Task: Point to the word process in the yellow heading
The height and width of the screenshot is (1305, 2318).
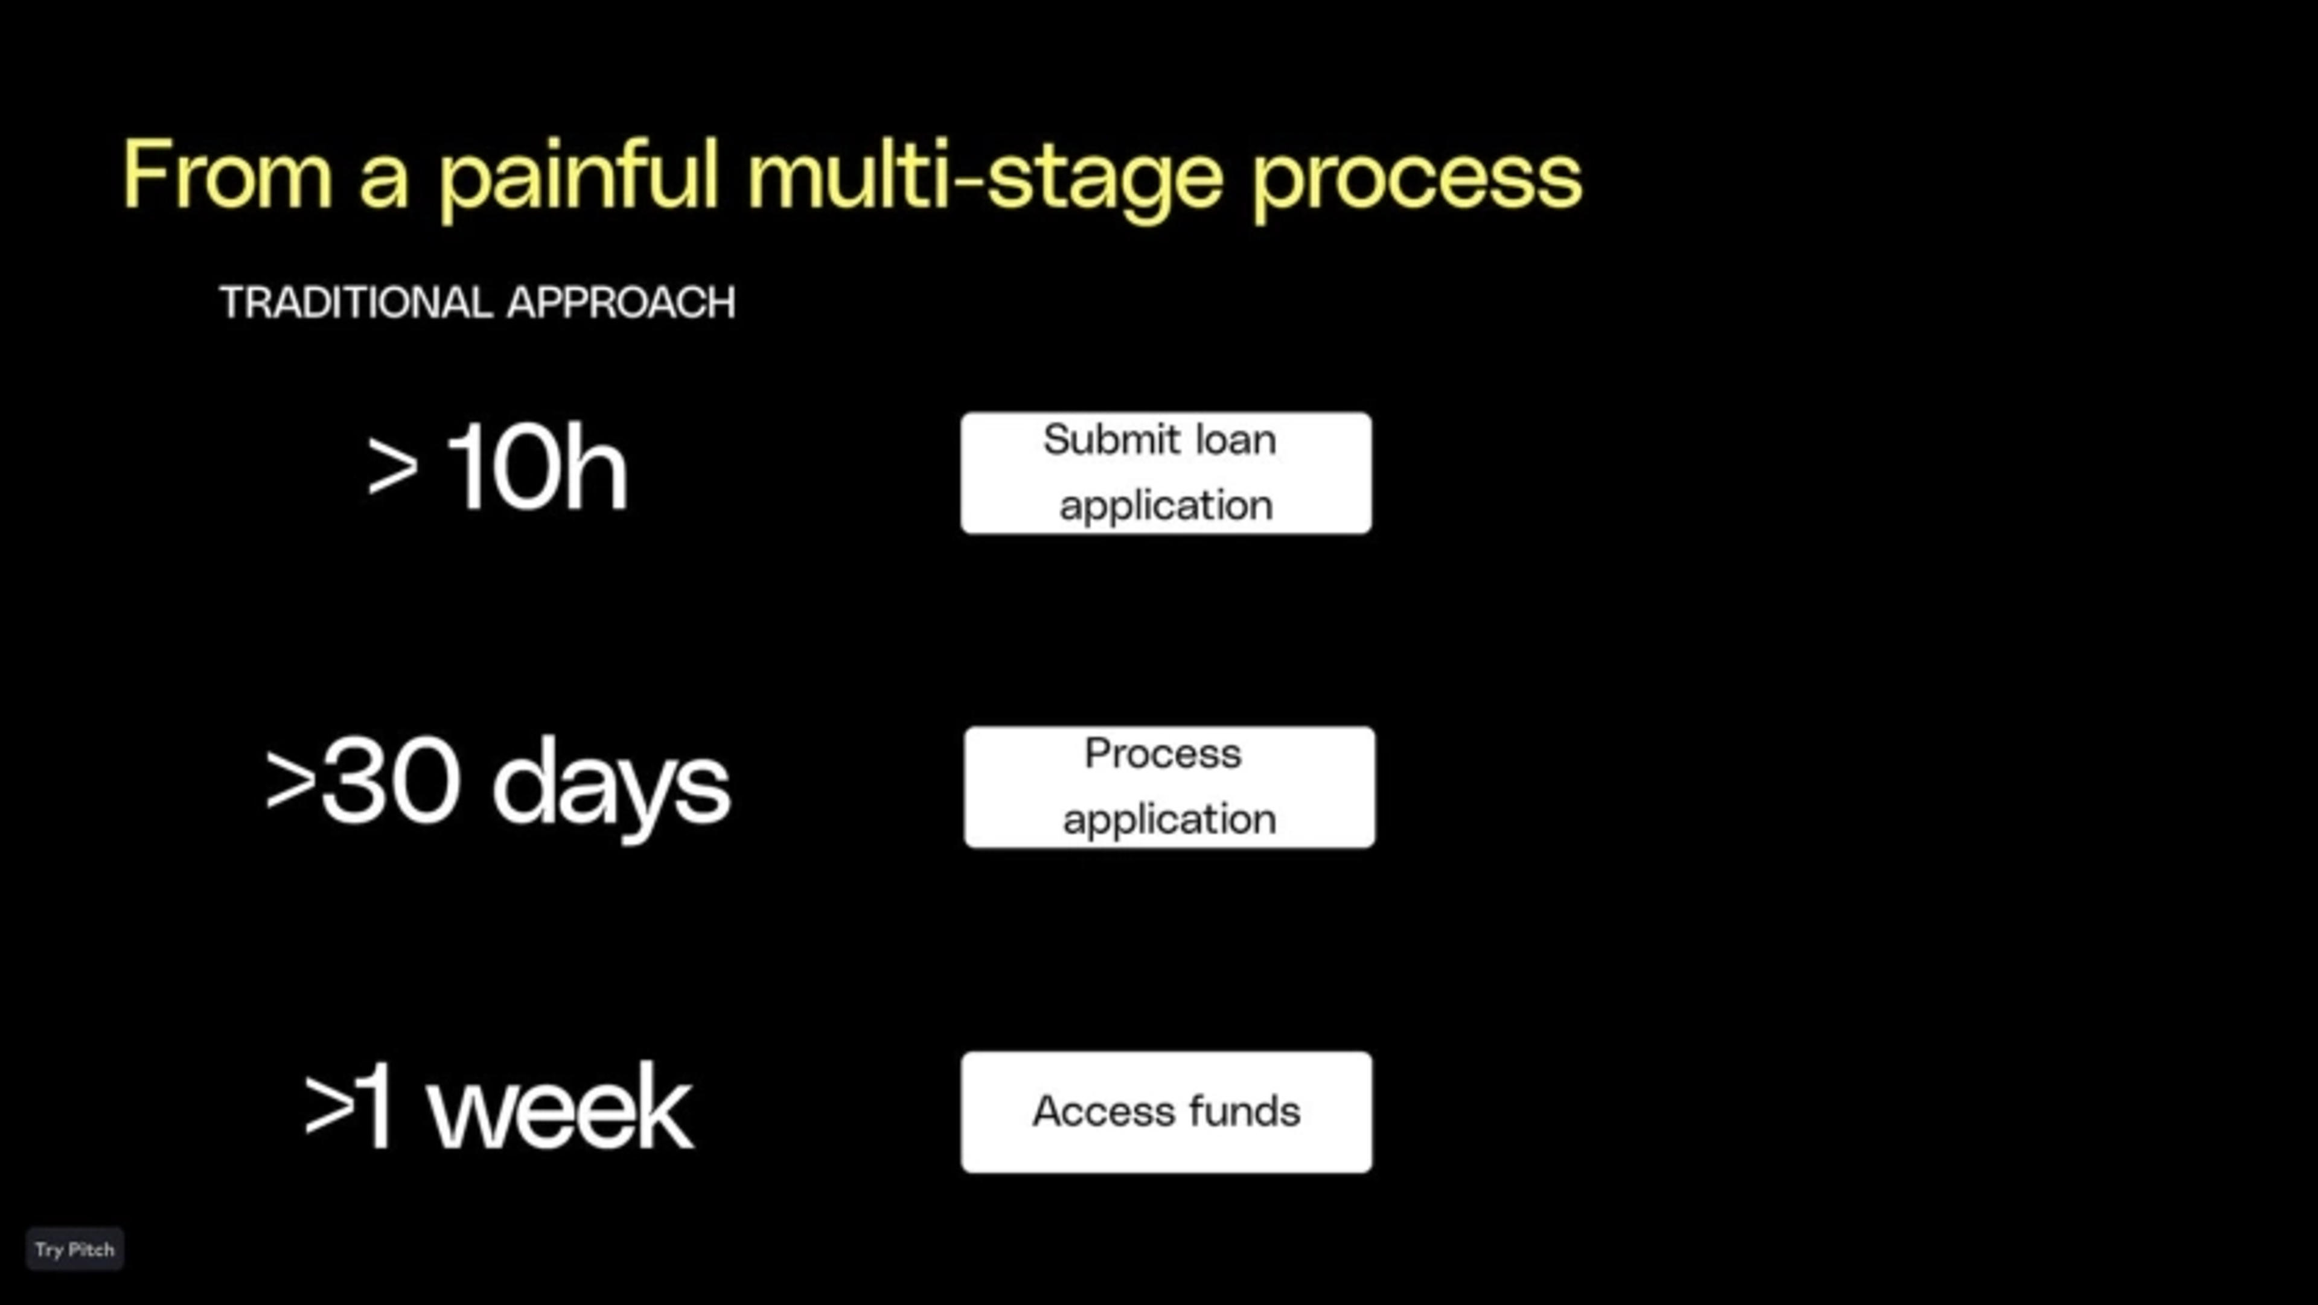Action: coord(1416,185)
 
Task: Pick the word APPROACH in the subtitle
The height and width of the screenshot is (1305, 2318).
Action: coord(621,302)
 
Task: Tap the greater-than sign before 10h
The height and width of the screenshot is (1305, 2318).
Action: coord(392,467)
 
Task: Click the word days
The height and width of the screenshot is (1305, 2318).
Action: coord(611,788)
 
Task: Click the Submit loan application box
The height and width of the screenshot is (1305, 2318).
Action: coord(1166,473)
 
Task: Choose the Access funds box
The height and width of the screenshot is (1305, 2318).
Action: coord(1166,1112)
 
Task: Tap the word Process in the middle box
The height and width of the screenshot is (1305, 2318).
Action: coord(1163,753)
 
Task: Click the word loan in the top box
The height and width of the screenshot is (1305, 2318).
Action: coord(1236,440)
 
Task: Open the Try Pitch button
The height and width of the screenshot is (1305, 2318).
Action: coord(75,1249)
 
